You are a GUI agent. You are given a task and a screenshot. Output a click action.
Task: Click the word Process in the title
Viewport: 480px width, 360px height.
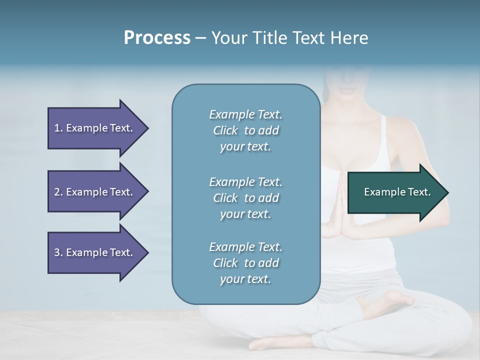click(x=157, y=38)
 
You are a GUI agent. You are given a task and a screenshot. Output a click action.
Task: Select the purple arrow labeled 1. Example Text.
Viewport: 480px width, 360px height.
click(x=95, y=128)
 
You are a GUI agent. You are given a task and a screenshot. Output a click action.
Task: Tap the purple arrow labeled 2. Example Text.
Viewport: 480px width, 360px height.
click(x=95, y=192)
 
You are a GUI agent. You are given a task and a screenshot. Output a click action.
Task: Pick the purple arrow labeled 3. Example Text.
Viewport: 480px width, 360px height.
click(x=95, y=252)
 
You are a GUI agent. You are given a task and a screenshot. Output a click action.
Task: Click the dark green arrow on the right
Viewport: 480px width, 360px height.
click(x=395, y=192)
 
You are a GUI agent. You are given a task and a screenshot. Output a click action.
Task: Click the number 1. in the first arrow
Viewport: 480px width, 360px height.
click(x=58, y=128)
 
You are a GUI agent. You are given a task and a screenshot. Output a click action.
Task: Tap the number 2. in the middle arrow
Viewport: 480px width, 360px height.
click(x=58, y=192)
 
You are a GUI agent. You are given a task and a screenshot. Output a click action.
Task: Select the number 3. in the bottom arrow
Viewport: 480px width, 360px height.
click(x=58, y=252)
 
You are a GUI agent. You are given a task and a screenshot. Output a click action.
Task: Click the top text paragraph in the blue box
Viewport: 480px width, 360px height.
click(x=245, y=130)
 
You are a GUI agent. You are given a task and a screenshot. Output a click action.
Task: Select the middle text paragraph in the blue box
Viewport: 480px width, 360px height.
click(x=245, y=197)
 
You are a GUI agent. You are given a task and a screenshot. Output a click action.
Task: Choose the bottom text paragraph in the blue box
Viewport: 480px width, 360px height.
click(x=245, y=263)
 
